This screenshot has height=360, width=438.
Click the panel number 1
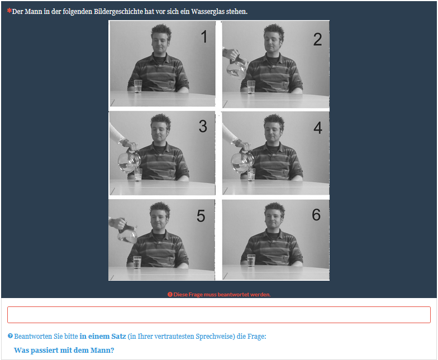(204, 37)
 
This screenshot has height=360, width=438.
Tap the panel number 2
(317, 39)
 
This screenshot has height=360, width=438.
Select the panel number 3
(203, 126)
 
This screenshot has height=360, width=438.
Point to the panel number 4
(318, 128)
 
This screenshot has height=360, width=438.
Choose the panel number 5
(201, 215)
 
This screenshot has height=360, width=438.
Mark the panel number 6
(316, 214)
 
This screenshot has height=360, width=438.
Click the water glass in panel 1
(138, 86)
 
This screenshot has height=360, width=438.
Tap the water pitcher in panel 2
(237, 67)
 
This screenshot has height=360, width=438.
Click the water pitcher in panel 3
(129, 161)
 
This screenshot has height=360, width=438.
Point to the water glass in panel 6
(251, 260)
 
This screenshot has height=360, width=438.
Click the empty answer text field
(219, 315)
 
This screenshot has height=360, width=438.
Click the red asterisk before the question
(9, 11)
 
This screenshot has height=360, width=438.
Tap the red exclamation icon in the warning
(170, 295)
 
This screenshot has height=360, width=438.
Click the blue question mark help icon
(10, 336)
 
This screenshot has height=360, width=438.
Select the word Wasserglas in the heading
(208, 12)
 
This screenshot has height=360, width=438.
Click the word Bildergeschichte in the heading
(118, 12)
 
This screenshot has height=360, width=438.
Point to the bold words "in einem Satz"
(103, 336)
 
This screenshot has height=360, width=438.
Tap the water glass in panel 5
(137, 262)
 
